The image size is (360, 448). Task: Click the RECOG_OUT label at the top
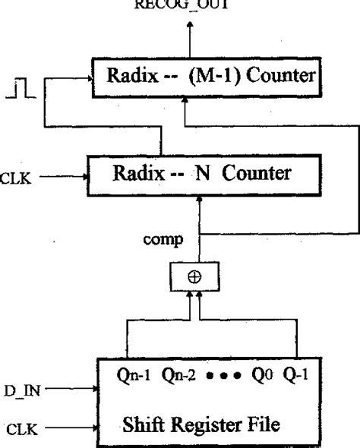(191, 4)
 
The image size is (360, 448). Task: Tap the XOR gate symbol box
(194, 278)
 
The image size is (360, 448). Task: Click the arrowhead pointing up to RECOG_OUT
(190, 26)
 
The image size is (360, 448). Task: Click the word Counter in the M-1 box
(291, 76)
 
